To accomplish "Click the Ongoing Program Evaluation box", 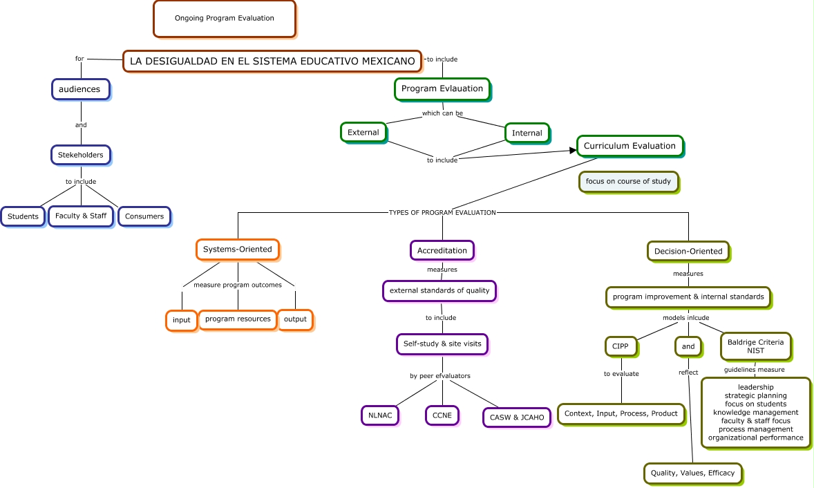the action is [x=225, y=19].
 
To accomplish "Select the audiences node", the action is [x=80, y=89].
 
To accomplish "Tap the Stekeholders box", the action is [x=80, y=155].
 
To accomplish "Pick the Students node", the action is [x=23, y=216].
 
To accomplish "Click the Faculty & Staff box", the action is [x=81, y=216].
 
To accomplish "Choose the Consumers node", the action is [x=144, y=216].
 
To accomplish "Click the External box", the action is [x=363, y=133].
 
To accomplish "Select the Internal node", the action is [x=527, y=133].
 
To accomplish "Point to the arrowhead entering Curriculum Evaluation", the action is [x=573, y=151].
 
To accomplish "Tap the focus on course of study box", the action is [x=628, y=182].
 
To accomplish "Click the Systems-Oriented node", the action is [x=238, y=250].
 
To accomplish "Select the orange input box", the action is [x=182, y=320].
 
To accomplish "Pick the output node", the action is [x=295, y=319].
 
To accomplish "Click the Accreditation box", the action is [x=442, y=250].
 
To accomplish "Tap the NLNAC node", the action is [x=380, y=415].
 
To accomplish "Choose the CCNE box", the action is [x=442, y=415].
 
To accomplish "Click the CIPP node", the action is [x=621, y=346].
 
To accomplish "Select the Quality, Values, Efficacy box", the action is [x=693, y=473].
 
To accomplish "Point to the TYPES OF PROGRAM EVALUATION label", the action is [x=442, y=212].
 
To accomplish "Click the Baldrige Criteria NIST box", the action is [x=756, y=346].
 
